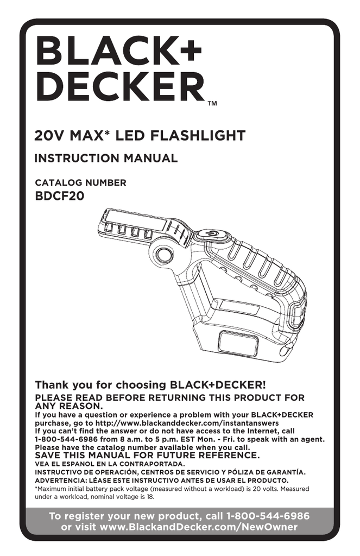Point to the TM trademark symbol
pyautogui.click(x=212, y=104)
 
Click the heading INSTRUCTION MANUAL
pyautogui.click(x=106, y=158)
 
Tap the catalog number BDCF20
pyautogui.click(x=60, y=196)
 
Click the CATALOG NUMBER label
pyautogui.click(x=80, y=183)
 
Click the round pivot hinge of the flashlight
pyautogui.click(x=163, y=254)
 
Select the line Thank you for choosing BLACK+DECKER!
pyautogui.click(x=150, y=385)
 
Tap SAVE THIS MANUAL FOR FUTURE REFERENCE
pyautogui.click(x=147, y=455)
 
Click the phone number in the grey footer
pyautogui.click(x=268, y=516)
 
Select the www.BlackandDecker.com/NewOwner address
pyautogui.click(x=199, y=527)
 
